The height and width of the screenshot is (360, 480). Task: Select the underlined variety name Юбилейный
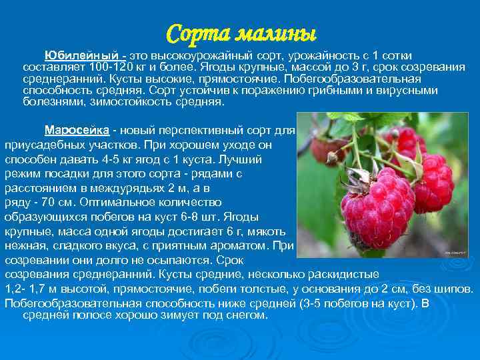pyautogui.click(x=81, y=54)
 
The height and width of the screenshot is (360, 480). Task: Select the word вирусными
pyautogui.click(x=407, y=91)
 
